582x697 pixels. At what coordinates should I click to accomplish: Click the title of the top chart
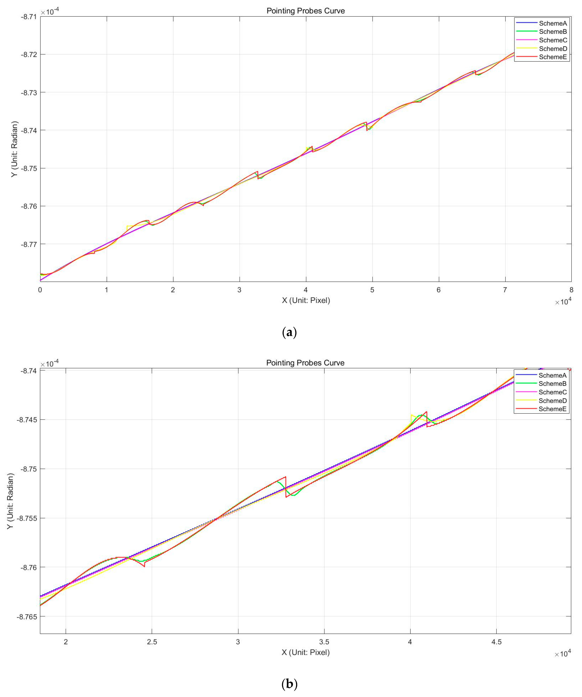pos(305,11)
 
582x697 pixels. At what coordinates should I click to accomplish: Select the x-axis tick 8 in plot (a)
pos(571,290)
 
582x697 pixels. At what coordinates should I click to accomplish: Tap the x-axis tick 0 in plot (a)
pos(40,290)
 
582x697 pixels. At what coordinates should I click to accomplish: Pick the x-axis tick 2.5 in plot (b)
pos(152,642)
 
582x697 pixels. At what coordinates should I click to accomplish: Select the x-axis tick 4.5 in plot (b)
pos(496,642)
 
